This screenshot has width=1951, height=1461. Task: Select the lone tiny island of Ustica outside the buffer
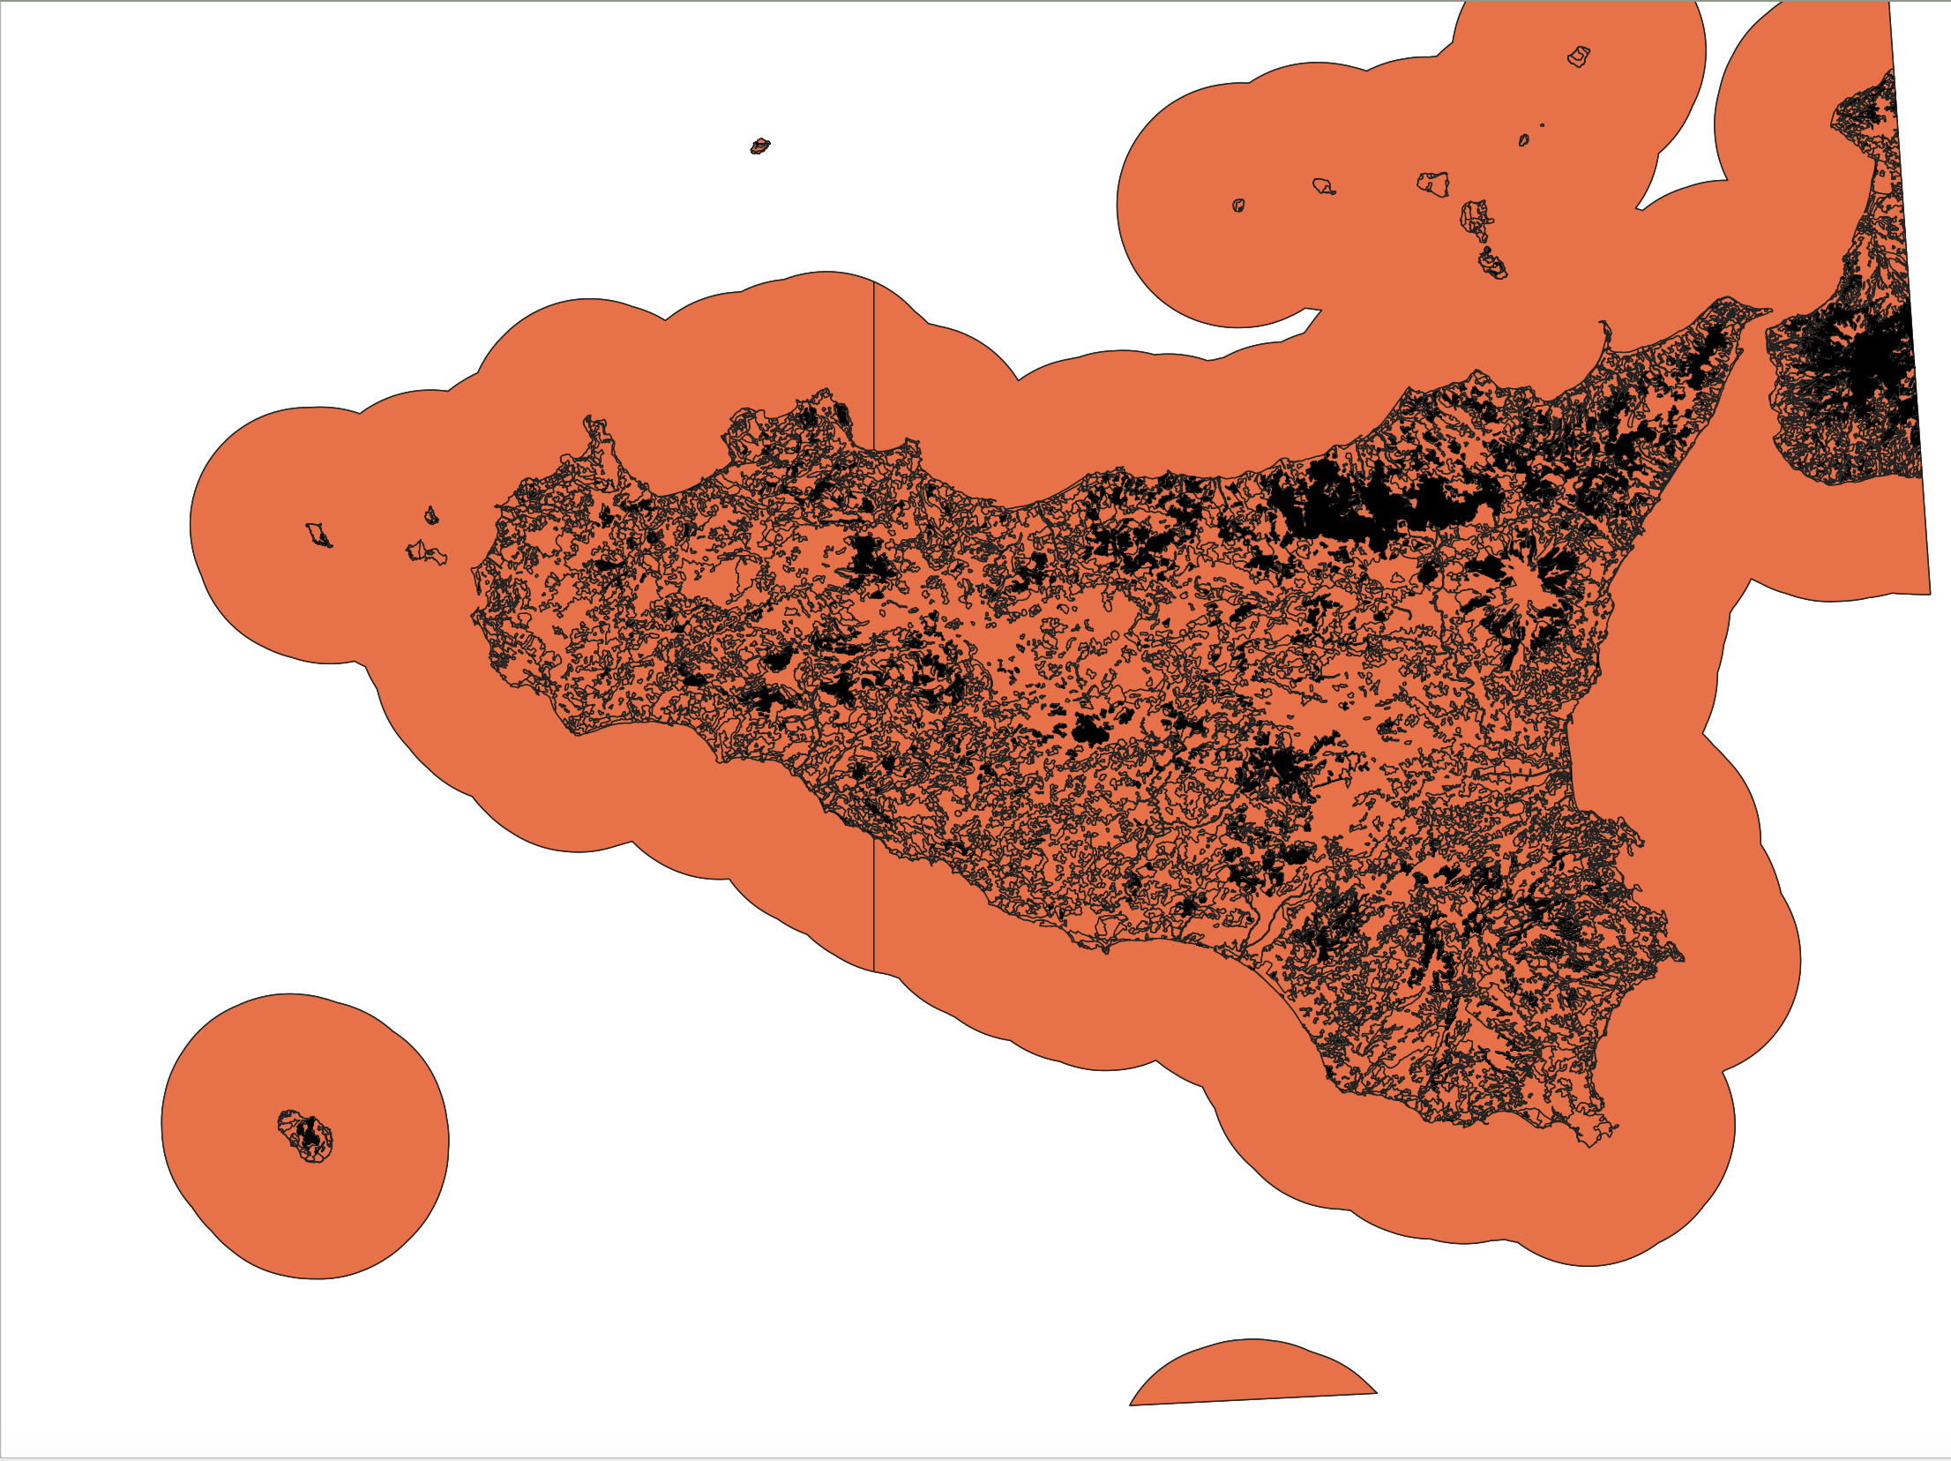[x=759, y=146]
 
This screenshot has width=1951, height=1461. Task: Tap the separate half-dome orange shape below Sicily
[x=1252, y=1375]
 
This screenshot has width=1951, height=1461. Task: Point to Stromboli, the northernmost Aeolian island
[x=1579, y=57]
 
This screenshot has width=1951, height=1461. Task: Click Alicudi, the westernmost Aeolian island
[x=1238, y=206]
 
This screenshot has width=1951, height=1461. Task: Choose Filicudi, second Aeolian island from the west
[x=1322, y=186]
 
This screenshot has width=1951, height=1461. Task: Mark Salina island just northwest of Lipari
[x=1433, y=184]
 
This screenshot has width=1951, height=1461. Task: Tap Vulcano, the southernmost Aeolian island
[x=1492, y=264]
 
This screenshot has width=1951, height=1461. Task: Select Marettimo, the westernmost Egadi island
[x=318, y=535]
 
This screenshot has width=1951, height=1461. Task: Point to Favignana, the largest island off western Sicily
[x=424, y=553]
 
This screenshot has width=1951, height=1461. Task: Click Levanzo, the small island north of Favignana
[x=431, y=515]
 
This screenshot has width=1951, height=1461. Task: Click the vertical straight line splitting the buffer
[x=873, y=618]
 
